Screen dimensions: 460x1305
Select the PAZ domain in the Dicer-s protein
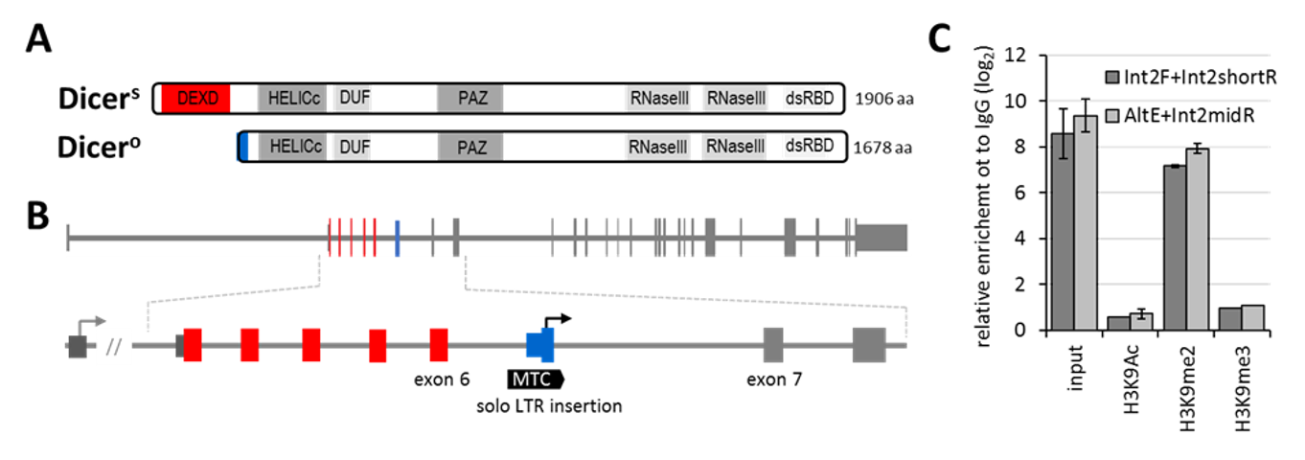click(x=469, y=98)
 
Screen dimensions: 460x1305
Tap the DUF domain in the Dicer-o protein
click(x=355, y=147)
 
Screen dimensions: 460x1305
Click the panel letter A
click(x=39, y=39)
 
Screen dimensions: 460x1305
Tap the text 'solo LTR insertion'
click(x=550, y=406)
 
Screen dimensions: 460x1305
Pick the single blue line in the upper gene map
click(x=398, y=237)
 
